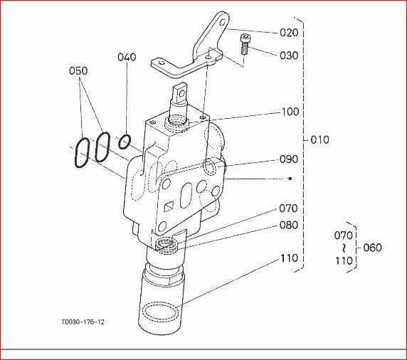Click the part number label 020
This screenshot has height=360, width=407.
(289, 33)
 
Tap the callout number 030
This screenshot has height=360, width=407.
(289, 55)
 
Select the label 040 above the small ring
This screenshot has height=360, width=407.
(127, 57)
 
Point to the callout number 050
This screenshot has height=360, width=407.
(78, 70)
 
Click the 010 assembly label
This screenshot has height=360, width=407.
(319, 139)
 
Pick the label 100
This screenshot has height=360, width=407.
(290, 112)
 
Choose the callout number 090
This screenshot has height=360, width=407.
(289, 159)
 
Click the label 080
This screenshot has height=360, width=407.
(288, 225)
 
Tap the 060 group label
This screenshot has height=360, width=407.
(372, 248)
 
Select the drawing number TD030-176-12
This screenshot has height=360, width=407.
(83, 322)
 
